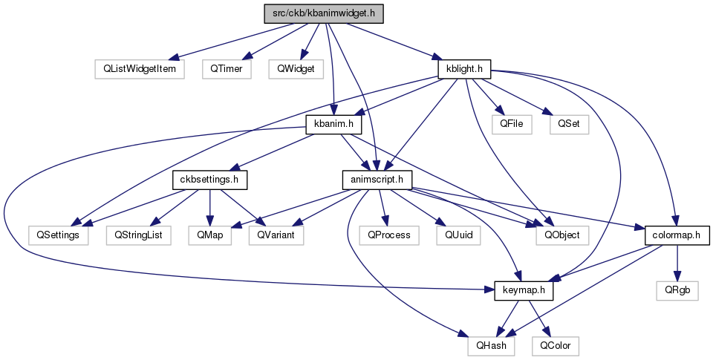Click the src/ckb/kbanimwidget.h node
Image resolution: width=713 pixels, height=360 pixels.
[x=324, y=13]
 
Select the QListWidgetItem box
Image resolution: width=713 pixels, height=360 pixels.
[x=140, y=70]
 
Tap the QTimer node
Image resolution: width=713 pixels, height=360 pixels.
[x=227, y=70]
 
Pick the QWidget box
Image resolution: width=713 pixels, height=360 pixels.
[x=296, y=70]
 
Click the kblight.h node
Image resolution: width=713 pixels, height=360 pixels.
[x=464, y=70]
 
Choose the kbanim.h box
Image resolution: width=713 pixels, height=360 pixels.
[x=333, y=125]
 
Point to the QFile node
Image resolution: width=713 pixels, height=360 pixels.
[x=512, y=125]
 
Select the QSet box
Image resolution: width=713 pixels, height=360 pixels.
[x=569, y=125]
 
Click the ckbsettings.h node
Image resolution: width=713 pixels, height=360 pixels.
[x=209, y=180]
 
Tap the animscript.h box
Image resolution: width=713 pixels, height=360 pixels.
[x=377, y=180]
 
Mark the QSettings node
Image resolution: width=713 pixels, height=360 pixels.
[x=58, y=236]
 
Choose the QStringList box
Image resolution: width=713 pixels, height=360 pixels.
[x=139, y=236]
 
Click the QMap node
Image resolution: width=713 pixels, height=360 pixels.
[x=210, y=236]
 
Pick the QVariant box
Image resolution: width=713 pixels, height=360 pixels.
[x=276, y=236]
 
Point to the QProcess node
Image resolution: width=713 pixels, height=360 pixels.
[x=388, y=236]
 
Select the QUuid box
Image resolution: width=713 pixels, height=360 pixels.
[x=458, y=236]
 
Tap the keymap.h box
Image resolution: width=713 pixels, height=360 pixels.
[x=524, y=291]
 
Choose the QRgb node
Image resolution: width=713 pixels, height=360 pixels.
[x=677, y=291]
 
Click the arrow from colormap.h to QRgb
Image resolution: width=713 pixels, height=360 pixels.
[x=677, y=264]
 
